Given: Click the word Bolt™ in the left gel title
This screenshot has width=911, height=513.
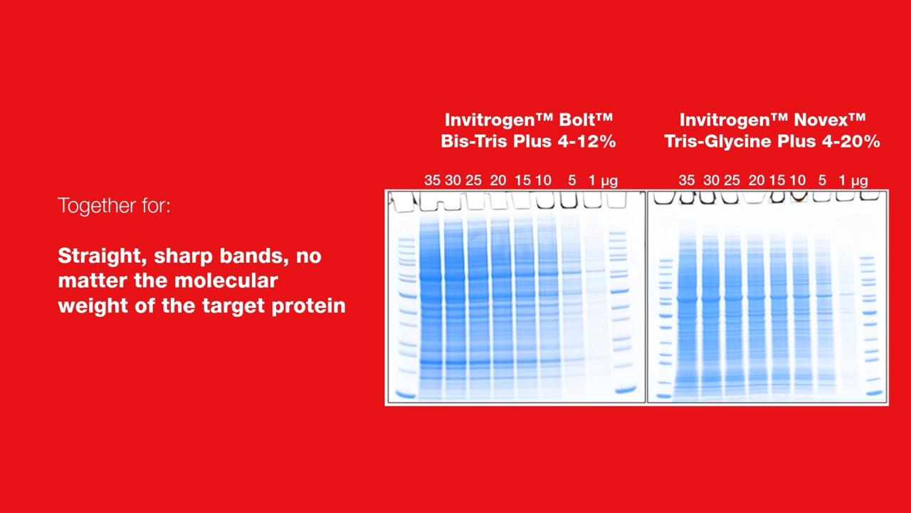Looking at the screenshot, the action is click(586, 120).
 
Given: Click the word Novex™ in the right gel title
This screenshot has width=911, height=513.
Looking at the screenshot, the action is click(830, 120).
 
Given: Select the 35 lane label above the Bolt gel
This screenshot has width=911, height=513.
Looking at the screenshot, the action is click(432, 180).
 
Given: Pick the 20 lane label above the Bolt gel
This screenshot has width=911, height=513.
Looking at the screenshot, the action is click(497, 180).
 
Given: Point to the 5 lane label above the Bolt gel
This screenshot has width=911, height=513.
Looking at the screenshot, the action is click(572, 180).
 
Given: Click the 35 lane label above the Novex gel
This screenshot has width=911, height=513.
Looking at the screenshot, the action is click(687, 180).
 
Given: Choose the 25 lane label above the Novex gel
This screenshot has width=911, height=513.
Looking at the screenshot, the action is click(732, 180).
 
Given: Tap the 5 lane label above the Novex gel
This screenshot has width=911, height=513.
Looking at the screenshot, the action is click(822, 180).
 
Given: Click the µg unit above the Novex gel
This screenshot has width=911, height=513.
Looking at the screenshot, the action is click(859, 182).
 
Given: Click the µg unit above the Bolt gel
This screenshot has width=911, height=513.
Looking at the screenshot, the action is click(609, 182).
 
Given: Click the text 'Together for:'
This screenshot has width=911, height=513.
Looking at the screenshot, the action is click(115, 205).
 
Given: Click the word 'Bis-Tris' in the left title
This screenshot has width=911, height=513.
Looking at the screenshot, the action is click(474, 141).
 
